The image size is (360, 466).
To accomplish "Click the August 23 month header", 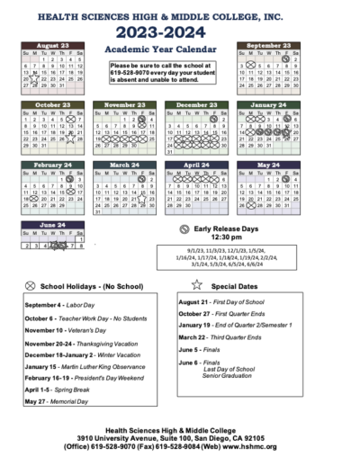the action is click(x=53, y=44).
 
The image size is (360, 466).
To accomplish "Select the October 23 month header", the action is click(x=53, y=104).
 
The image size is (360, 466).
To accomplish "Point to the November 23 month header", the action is click(x=124, y=104).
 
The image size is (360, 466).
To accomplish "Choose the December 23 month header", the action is click(x=196, y=104).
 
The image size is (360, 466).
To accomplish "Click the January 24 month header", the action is click(x=268, y=104).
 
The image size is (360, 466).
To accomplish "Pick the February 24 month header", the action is click(x=53, y=166).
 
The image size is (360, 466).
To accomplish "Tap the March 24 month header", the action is click(x=124, y=166).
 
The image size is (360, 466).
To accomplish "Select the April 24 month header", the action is click(x=196, y=166).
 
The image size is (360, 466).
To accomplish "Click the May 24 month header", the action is click(x=268, y=166).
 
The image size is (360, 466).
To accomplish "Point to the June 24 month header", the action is click(x=53, y=225).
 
